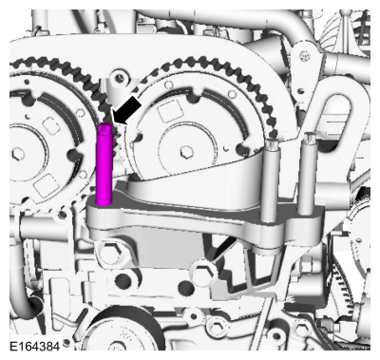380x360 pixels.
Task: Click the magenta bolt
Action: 104,164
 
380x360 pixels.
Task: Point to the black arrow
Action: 126,110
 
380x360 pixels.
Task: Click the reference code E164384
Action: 34,346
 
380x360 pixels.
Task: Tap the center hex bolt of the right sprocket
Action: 186,152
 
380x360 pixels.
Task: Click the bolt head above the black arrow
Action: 120,77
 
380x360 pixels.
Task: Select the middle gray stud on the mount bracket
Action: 270,180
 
